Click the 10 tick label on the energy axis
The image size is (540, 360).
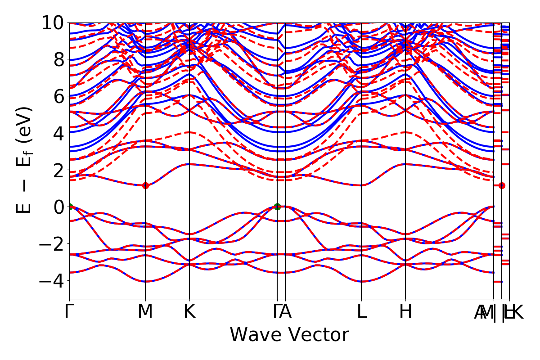tap(54, 22)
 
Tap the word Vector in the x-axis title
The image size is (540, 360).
tap(318, 335)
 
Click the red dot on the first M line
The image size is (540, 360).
tap(145, 185)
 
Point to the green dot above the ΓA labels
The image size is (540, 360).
tap(277, 207)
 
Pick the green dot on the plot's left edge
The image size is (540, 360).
tap(70, 207)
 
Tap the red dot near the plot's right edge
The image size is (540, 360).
tap(502, 185)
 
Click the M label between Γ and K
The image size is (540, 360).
tap(145, 312)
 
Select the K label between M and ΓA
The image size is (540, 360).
tap(189, 312)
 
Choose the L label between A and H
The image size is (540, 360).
tap(361, 312)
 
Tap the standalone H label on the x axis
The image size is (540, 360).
tap(405, 312)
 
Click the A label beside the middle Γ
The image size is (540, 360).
tap(286, 312)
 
